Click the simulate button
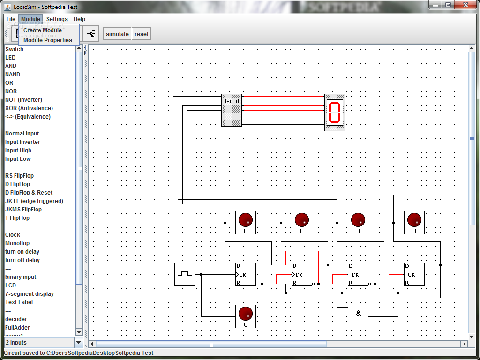coord(117,34)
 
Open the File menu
coord(11,19)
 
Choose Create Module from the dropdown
coord(43,30)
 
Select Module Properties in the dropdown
coord(48,40)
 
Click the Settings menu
coord(57,19)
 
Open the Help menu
coord(79,19)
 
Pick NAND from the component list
coord(13,75)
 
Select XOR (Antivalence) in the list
coord(29,108)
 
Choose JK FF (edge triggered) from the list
coord(34,201)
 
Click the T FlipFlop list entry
coord(17,218)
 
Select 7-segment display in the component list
coord(30,294)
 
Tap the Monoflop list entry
coord(17,243)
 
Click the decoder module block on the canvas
coord(232,110)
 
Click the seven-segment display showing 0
coord(335,112)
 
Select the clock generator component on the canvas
coord(185,274)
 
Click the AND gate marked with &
coord(358,316)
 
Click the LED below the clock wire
coord(246,316)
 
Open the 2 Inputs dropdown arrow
coord(79,343)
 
